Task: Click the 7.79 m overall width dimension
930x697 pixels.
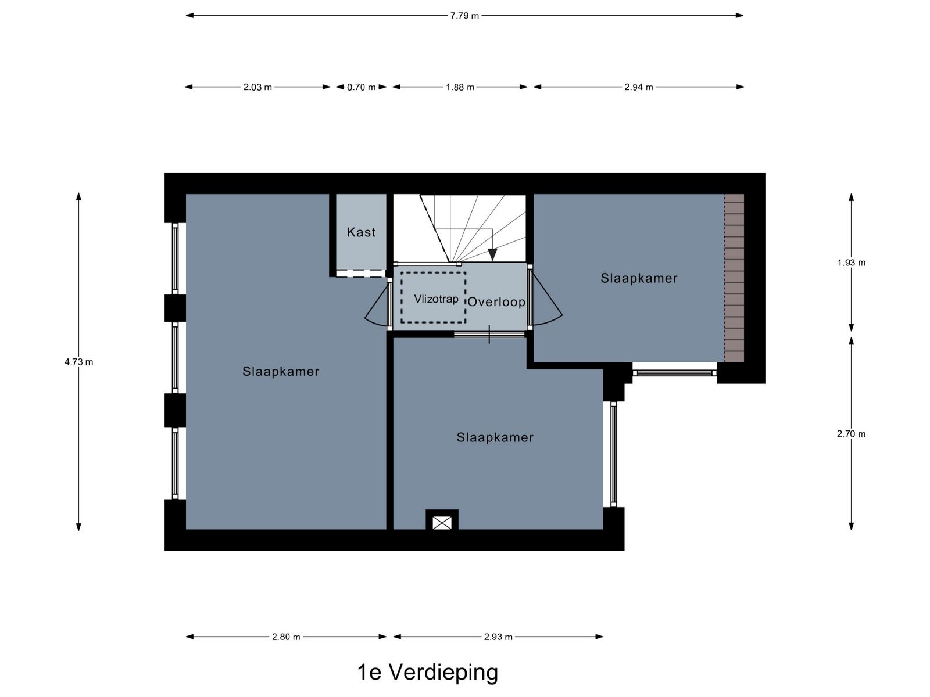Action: [464, 16]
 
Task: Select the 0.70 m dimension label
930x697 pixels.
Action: [361, 87]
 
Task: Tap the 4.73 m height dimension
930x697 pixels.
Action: [79, 362]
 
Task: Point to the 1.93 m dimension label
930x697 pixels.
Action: [851, 263]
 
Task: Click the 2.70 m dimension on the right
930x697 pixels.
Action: [851, 434]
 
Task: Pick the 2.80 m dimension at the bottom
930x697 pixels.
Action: [286, 637]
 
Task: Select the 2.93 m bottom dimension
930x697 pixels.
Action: [498, 637]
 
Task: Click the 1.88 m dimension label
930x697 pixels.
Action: [460, 87]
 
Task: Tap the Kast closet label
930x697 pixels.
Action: [361, 232]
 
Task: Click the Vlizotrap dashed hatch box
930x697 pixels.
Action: [433, 298]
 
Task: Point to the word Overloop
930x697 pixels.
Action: [496, 302]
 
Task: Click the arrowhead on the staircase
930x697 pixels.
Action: [492, 254]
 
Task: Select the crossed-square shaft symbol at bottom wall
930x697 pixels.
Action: [442, 523]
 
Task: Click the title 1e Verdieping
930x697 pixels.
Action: [428, 672]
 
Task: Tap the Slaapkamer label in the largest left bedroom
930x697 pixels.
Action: [281, 372]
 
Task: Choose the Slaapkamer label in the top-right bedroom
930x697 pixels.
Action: [639, 278]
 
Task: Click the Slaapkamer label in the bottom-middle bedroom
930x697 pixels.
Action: [495, 438]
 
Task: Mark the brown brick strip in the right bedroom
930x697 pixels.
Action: [734, 278]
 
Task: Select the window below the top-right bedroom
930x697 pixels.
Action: [674, 373]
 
